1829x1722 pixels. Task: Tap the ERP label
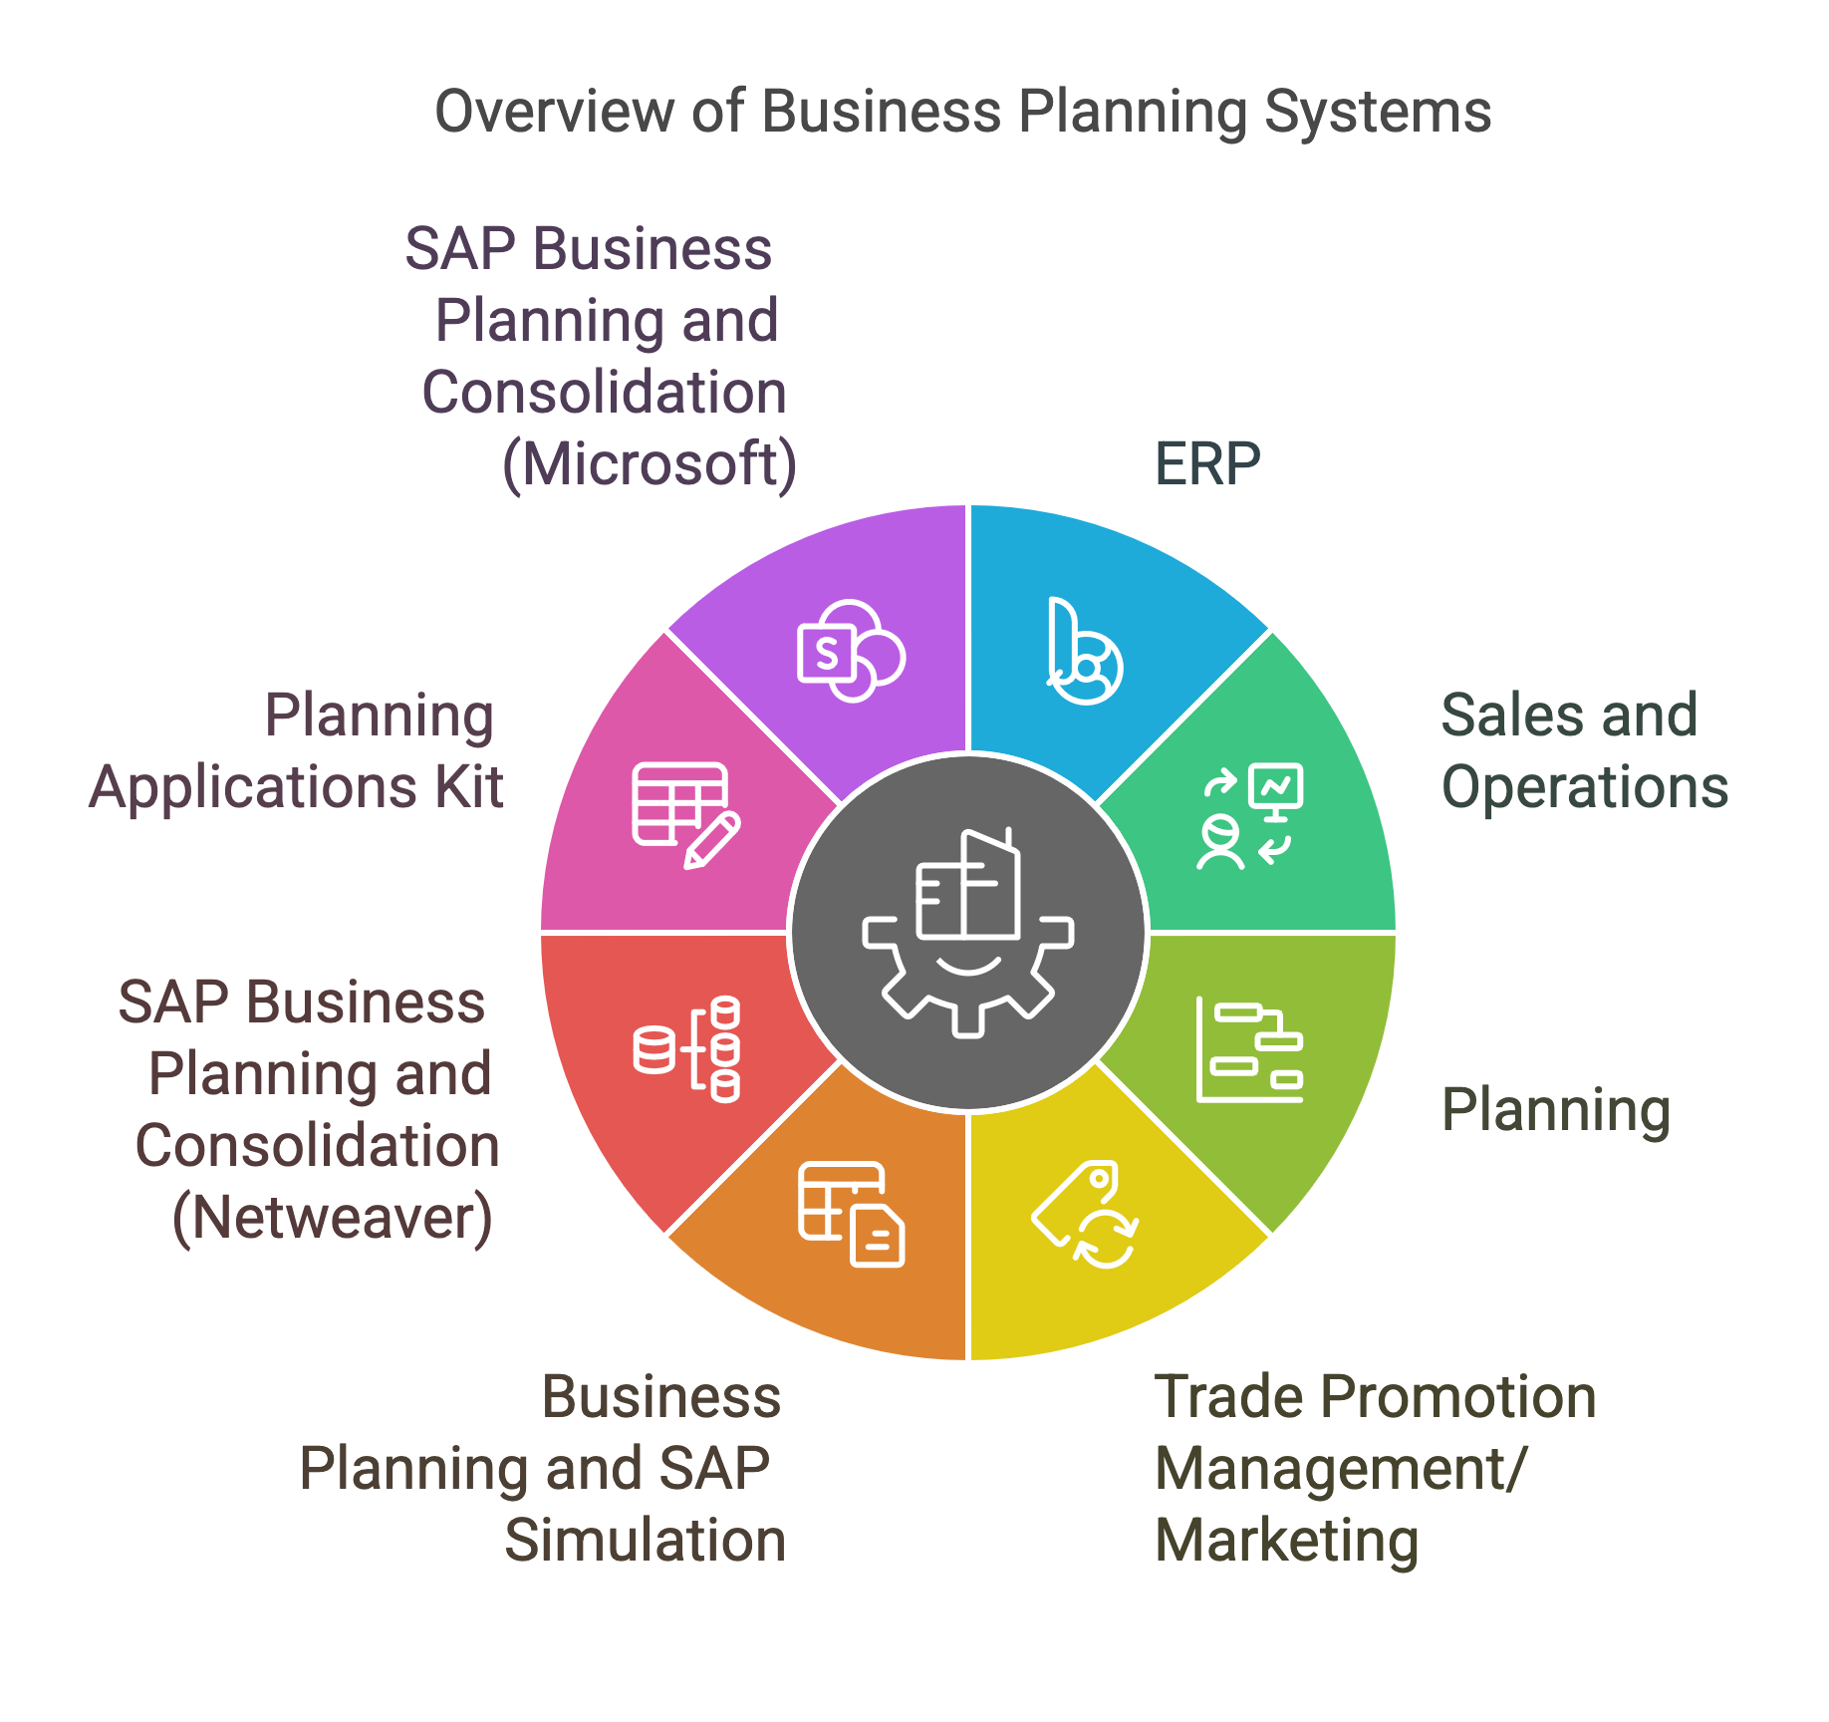[x=1207, y=463]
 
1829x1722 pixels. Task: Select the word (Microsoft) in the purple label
[x=650, y=465]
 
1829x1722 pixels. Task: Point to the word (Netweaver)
[x=333, y=1218]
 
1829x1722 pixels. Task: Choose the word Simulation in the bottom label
[x=645, y=1541]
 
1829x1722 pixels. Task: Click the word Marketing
[x=1287, y=1541]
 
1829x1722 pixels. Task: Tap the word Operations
[x=1584, y=787]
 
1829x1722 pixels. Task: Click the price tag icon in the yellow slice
[x=1085, y=1214]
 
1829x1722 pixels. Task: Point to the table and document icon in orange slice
[x=851, y=1214]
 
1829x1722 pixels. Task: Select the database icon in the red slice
[x=686, y=1049]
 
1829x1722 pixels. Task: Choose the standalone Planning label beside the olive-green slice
[x=1555, y=1110]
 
